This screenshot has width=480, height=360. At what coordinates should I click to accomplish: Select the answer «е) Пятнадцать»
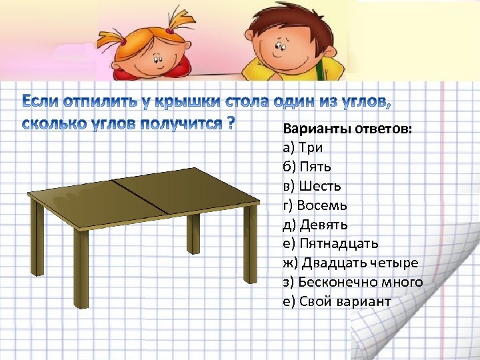click(330, 244)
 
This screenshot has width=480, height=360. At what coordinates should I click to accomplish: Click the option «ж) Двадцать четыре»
click(351, 263)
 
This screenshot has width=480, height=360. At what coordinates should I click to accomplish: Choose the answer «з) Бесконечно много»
click(353, 283)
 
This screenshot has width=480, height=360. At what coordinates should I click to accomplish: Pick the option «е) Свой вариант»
click(337, 302)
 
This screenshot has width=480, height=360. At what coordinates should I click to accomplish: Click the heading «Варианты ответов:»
click(347, 129)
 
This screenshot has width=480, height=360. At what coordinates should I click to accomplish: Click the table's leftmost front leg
click(81, 267)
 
